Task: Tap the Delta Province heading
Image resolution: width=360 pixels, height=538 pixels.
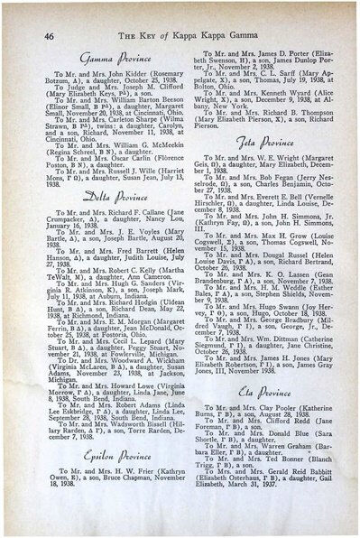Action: (97, 192)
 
